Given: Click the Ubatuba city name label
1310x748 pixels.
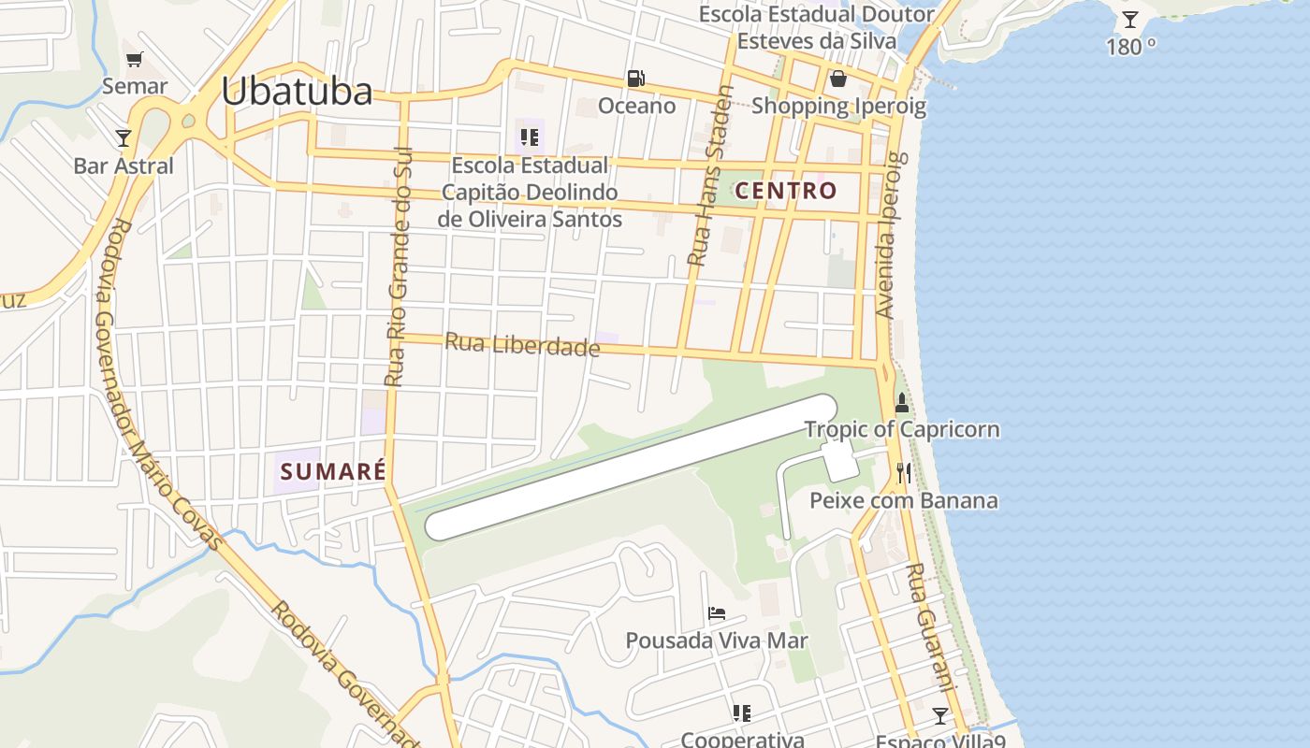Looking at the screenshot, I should pyautogui.click(x=297, y=91).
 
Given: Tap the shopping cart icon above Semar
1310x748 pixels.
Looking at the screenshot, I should pyautogui.click(x=135, y=60).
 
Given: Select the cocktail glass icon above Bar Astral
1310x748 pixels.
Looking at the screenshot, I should pyautogui.click(x=124, y=138).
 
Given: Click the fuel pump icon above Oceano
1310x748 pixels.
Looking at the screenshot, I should pyautogui.click(x=636, y=79).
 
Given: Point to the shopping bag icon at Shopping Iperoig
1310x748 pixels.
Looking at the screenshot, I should pyautogui.click(x=838, y=78).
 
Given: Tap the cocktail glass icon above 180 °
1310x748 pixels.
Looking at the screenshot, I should pyautogui.click(x=1130, y=19).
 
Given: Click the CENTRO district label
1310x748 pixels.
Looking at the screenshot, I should pyautogui.click(x=786, y=191).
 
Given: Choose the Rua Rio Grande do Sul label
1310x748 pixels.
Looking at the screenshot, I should pyautogui.click(x=399, y=266).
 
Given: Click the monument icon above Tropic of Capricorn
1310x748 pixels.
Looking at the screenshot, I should pyautogui.click(x=902, y=403).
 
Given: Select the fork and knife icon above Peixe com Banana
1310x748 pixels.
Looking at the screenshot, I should pyautogui.click(x=903, y=473).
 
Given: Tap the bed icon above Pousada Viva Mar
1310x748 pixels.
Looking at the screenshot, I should pyautogui.click(x=717, y=613).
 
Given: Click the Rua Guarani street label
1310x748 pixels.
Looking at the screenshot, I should pyautogui.click(x=930, y=626).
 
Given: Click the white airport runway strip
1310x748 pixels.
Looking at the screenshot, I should pyautogui.click(x=631, y=467).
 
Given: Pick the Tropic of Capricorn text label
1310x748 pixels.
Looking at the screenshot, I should pyautogui.click(x=902, y=430).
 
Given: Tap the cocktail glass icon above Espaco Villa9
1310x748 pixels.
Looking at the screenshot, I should pyautogui.click(x=940, y=715).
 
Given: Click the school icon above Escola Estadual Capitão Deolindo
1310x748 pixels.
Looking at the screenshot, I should pyautogui.click(x=530, y=138).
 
